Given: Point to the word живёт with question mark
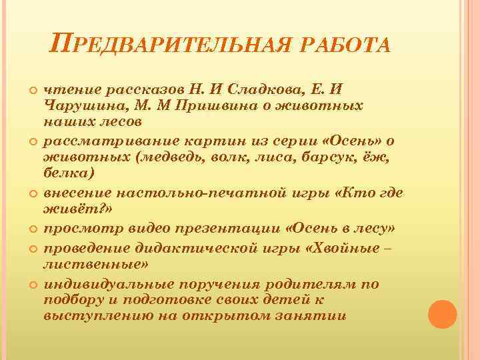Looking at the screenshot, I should click(x=67, y=209).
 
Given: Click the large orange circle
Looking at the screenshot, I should click(x=441, y=314).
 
